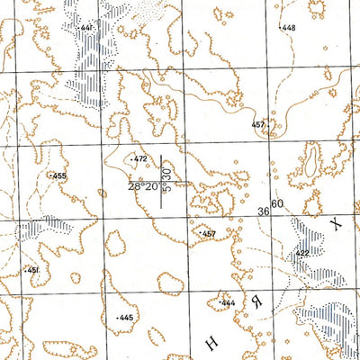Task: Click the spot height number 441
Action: point(86,29)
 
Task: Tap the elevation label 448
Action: point(288,28)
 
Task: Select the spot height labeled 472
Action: point(139,159)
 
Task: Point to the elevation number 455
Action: point(60,175)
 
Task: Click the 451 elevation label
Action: point(32,270)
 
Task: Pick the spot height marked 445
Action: point(126,319)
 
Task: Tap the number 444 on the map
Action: point(228,303)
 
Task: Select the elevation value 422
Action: point(301,254)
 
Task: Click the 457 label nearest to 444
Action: point(209,234)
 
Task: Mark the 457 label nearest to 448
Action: point(258,124)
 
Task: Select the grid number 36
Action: point(264,211)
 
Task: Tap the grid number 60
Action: point(277,205)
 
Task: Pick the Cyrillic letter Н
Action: point(212,342)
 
